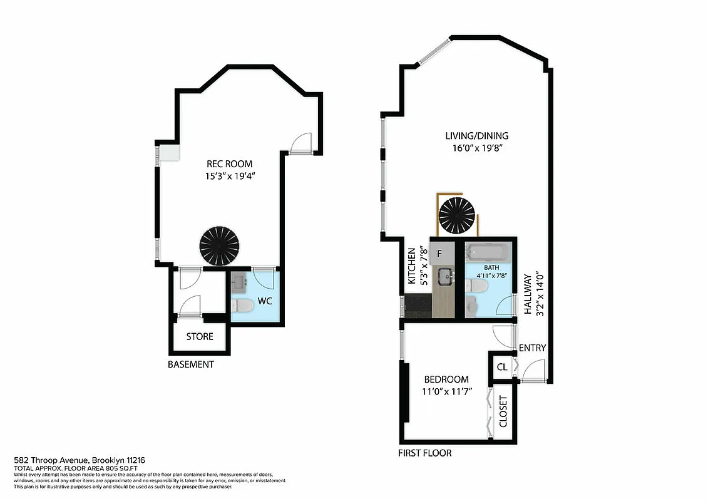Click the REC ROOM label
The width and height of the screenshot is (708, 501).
pos(229,164)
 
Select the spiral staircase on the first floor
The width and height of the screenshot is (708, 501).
pos(458,215)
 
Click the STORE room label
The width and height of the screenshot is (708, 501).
pos(200,337)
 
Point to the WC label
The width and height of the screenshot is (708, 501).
pos(265,301)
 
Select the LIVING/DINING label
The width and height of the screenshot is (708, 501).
pos(476,136)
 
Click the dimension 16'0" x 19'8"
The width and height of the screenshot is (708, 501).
pos(476,148)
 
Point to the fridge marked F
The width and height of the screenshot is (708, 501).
pos(439,254)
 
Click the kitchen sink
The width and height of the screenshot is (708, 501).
pos(447,275)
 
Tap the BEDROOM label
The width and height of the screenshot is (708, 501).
pos(446,380)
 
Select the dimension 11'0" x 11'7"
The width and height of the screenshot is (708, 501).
pos(447,392)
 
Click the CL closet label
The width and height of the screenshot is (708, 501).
pos(502,367)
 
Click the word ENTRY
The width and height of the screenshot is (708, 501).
pos(533,348)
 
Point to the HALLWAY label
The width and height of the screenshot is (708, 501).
pos(528,294)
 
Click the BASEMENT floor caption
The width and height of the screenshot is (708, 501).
pos(191,364)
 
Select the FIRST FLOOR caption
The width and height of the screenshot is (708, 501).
pos(425,453)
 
